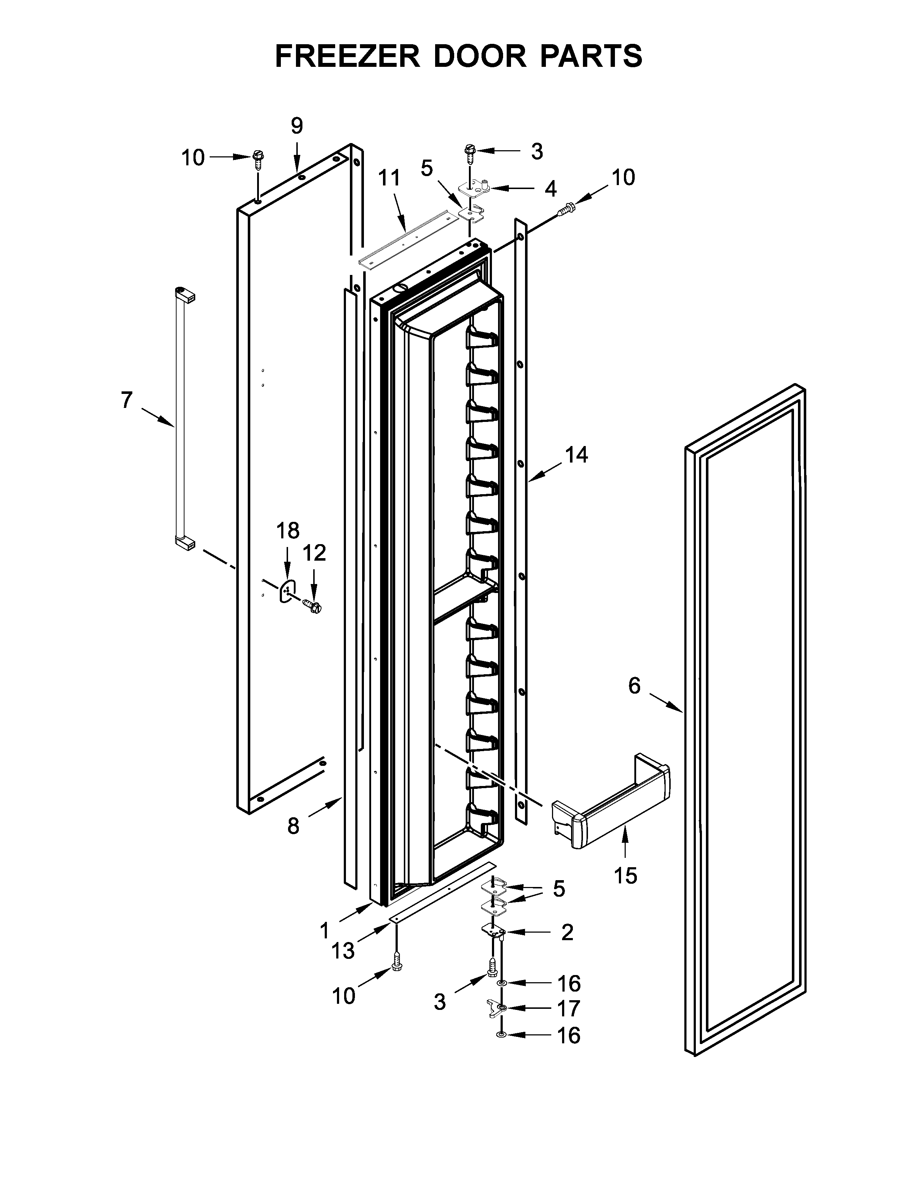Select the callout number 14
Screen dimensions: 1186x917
coord(576,455)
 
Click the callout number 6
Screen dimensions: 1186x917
coord(634,686)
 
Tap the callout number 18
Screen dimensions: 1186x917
coord(287,530)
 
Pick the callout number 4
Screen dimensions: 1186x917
coord(550,189)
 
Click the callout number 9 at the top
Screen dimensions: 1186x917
coord(297,126)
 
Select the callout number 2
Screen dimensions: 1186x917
coord(567,932)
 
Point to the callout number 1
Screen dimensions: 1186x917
coord(324,931)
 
